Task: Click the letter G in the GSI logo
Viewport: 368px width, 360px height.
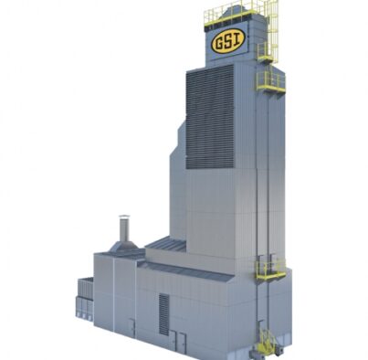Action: [219, 44]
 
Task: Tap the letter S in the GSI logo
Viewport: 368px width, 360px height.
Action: [228, 42]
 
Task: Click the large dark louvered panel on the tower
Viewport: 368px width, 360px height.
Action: [210, 117]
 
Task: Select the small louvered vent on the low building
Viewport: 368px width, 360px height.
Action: [163, 314]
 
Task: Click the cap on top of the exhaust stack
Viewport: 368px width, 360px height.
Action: [124, 217]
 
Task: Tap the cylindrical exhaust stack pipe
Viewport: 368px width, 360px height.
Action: [124, 230]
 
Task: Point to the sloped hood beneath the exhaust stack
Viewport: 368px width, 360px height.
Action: [123, 247]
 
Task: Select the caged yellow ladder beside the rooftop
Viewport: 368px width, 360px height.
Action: [273, 30]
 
